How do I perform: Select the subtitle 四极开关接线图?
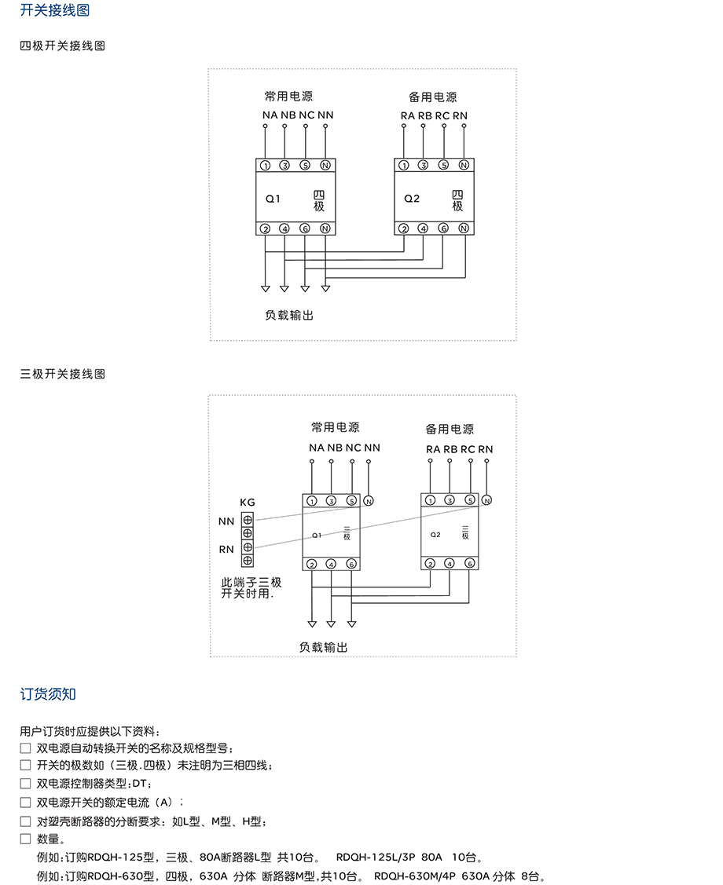62,46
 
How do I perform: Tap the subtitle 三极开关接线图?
62,374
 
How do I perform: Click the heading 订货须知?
48,694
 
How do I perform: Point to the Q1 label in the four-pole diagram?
273,199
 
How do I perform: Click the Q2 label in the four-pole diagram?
412,199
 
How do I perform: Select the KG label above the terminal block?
247,503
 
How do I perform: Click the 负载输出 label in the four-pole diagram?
289,315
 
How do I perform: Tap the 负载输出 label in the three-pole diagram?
323,648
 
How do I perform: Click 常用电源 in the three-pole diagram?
336,428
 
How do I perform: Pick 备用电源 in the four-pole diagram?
432,97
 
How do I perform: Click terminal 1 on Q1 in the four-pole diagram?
265,166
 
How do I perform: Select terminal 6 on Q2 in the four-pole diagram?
443,229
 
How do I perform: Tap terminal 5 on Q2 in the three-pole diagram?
469,500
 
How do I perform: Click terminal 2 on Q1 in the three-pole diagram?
312,565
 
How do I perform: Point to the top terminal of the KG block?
248,519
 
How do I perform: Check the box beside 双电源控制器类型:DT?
26,783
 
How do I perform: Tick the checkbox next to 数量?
26,839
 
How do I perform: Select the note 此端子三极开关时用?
251,587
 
